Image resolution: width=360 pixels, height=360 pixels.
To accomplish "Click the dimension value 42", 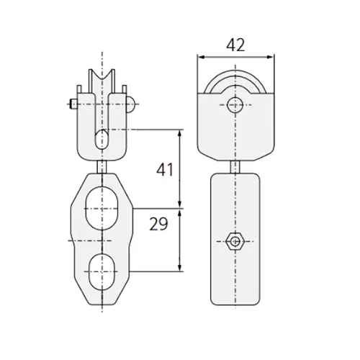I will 235,45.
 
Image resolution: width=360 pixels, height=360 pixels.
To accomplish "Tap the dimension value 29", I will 160,225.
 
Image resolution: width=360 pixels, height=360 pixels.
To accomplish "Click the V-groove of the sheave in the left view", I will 104,81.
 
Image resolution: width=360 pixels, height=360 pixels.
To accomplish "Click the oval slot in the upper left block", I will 104,139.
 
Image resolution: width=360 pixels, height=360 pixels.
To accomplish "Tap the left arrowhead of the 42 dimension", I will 202,57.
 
